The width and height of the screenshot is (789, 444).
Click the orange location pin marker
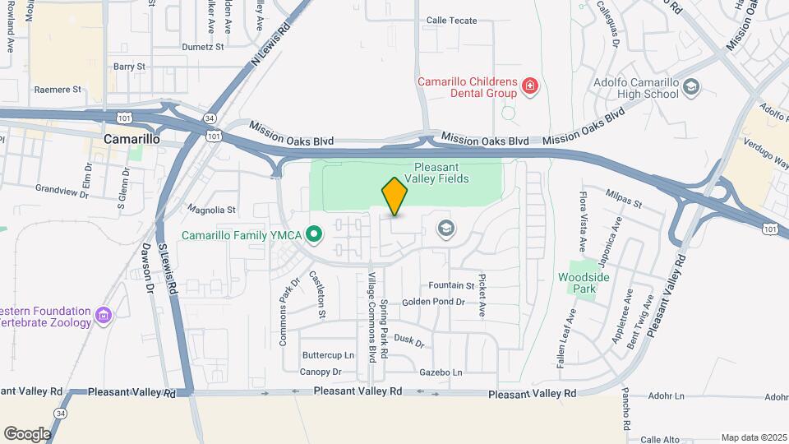coord(395,196)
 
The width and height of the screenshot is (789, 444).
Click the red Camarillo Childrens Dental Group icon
coord(530,86)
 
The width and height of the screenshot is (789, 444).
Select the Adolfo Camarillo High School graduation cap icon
coord(691,86)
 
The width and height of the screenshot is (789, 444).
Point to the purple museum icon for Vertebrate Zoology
coord(104,314)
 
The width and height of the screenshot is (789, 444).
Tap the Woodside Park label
coord(584,284)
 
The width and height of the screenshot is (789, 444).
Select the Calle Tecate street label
coord(451,21)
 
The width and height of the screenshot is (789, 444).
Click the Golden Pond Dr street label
coord(433,303)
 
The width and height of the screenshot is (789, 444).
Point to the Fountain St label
coord(452,285)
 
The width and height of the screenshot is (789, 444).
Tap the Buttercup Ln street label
coord(328,355)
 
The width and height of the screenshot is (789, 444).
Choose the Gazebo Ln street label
coord(441,372)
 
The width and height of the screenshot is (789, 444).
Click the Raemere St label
coord(58,89)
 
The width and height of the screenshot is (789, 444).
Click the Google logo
coord(27,434)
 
